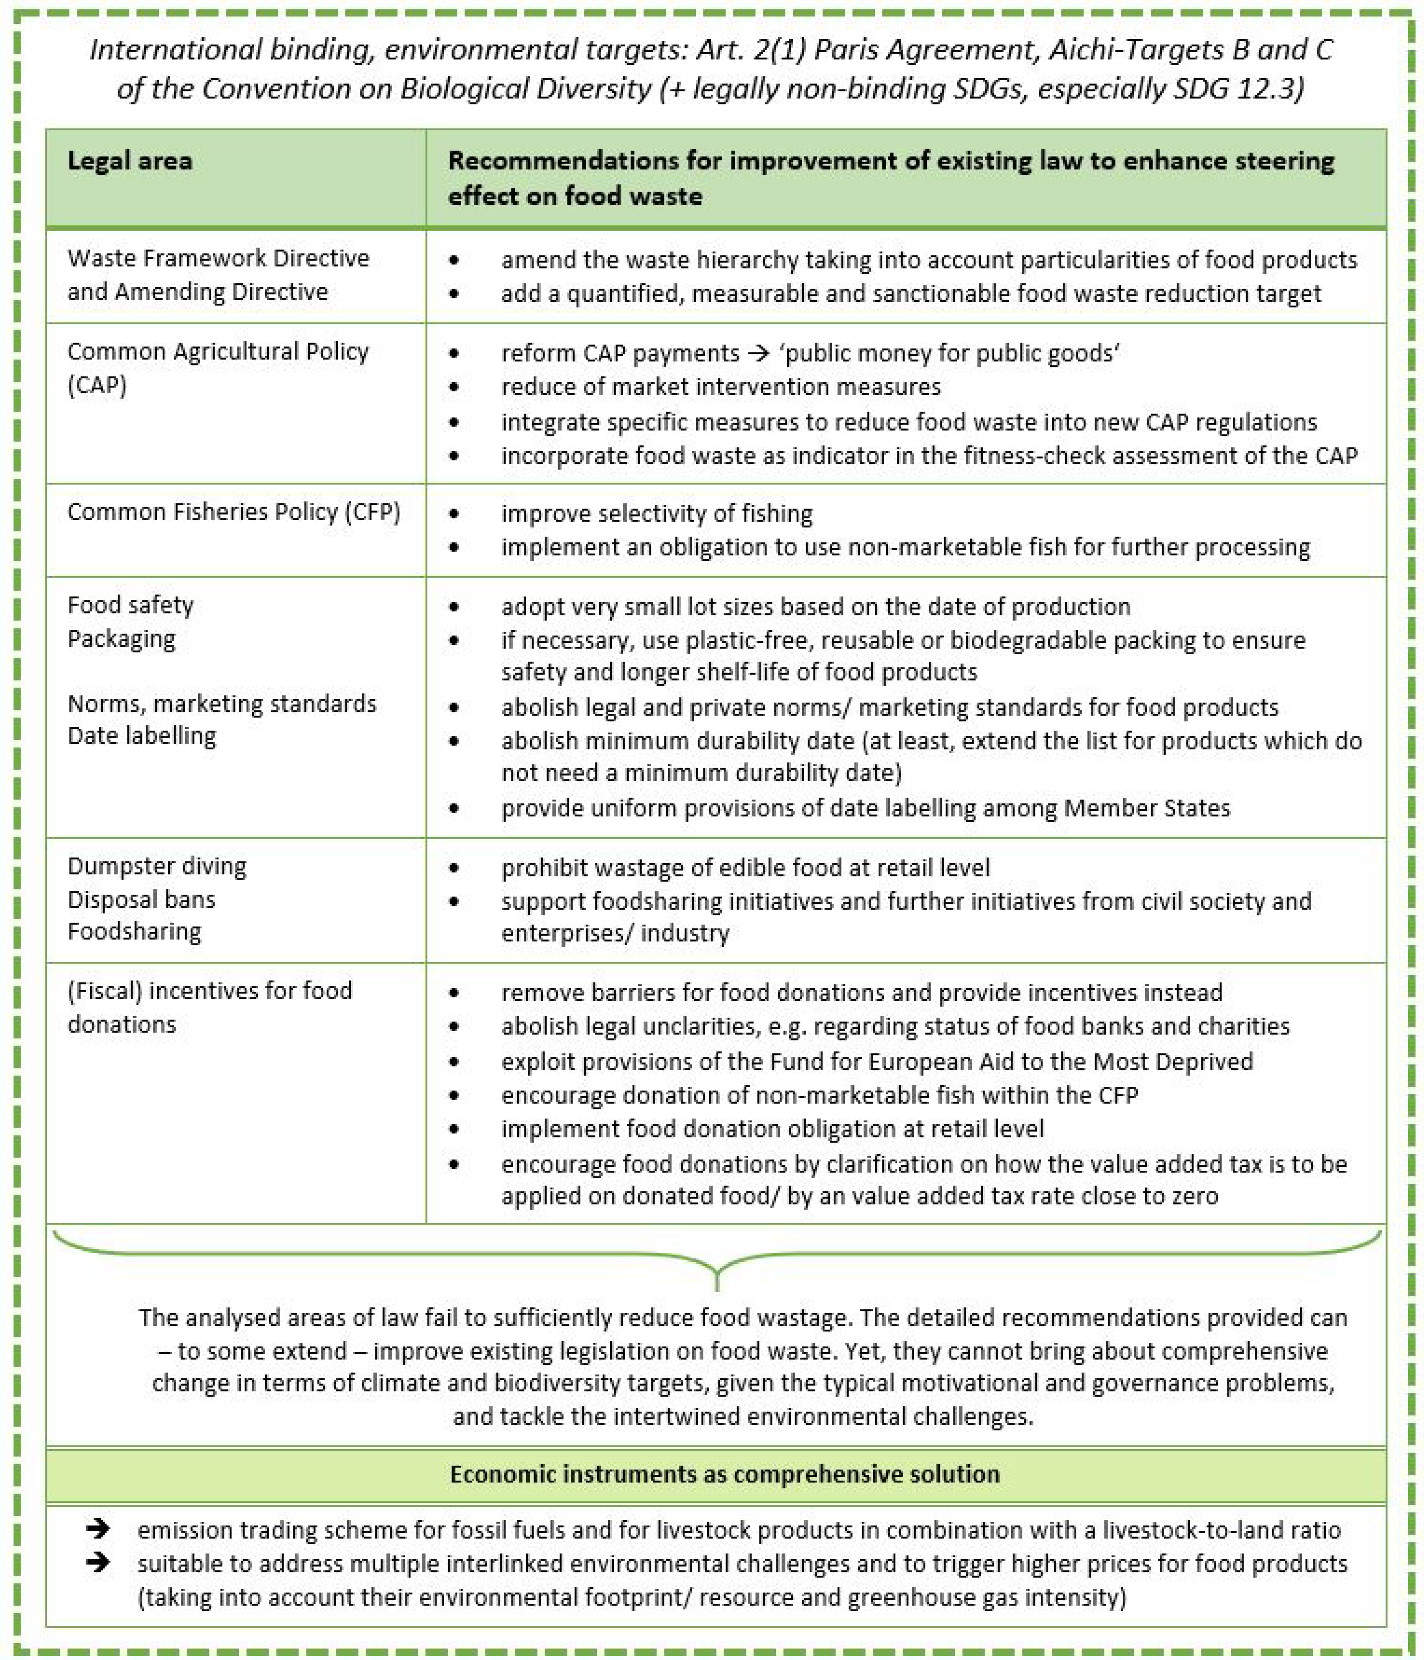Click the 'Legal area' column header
130,161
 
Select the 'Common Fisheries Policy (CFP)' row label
233,512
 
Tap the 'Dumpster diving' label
157,866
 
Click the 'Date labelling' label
142,735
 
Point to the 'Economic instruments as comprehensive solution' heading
724,1474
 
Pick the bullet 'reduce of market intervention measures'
720,387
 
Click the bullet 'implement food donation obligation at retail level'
772,1129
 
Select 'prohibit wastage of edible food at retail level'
745,867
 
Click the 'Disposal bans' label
141,899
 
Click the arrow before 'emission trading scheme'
98,1529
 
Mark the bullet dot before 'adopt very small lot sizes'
454,606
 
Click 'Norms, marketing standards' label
221,703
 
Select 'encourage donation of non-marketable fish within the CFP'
819,1095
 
